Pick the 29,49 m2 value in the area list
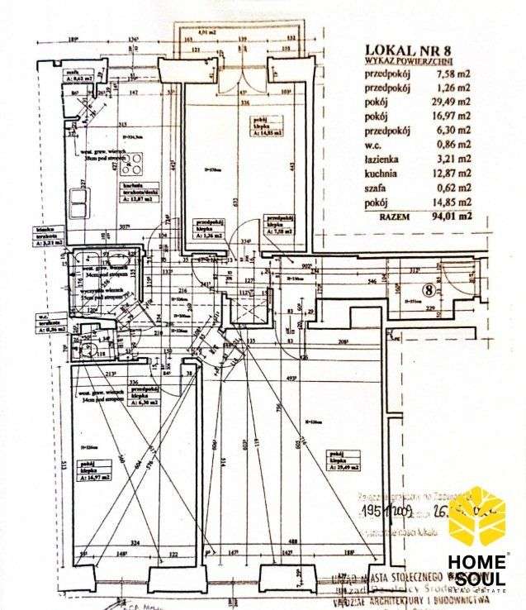coord(452,102)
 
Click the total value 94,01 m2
coord(452,216)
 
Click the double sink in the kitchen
coord(80,202)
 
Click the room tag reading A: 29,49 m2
coord(347,468)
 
